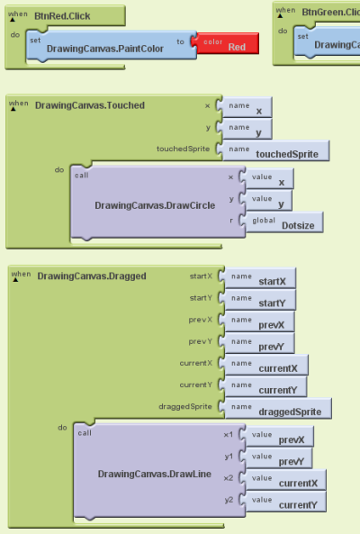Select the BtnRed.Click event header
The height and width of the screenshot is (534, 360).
(x=61, y=15)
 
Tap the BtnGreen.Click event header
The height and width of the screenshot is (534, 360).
(x=329, y=12)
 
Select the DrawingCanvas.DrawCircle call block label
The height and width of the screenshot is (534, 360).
(x=155, y=205)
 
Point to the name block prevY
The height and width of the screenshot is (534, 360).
(x=261, y=345)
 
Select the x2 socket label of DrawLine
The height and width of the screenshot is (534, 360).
(x=228, y=477)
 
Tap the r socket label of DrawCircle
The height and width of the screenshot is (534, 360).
(x=231, y=218)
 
